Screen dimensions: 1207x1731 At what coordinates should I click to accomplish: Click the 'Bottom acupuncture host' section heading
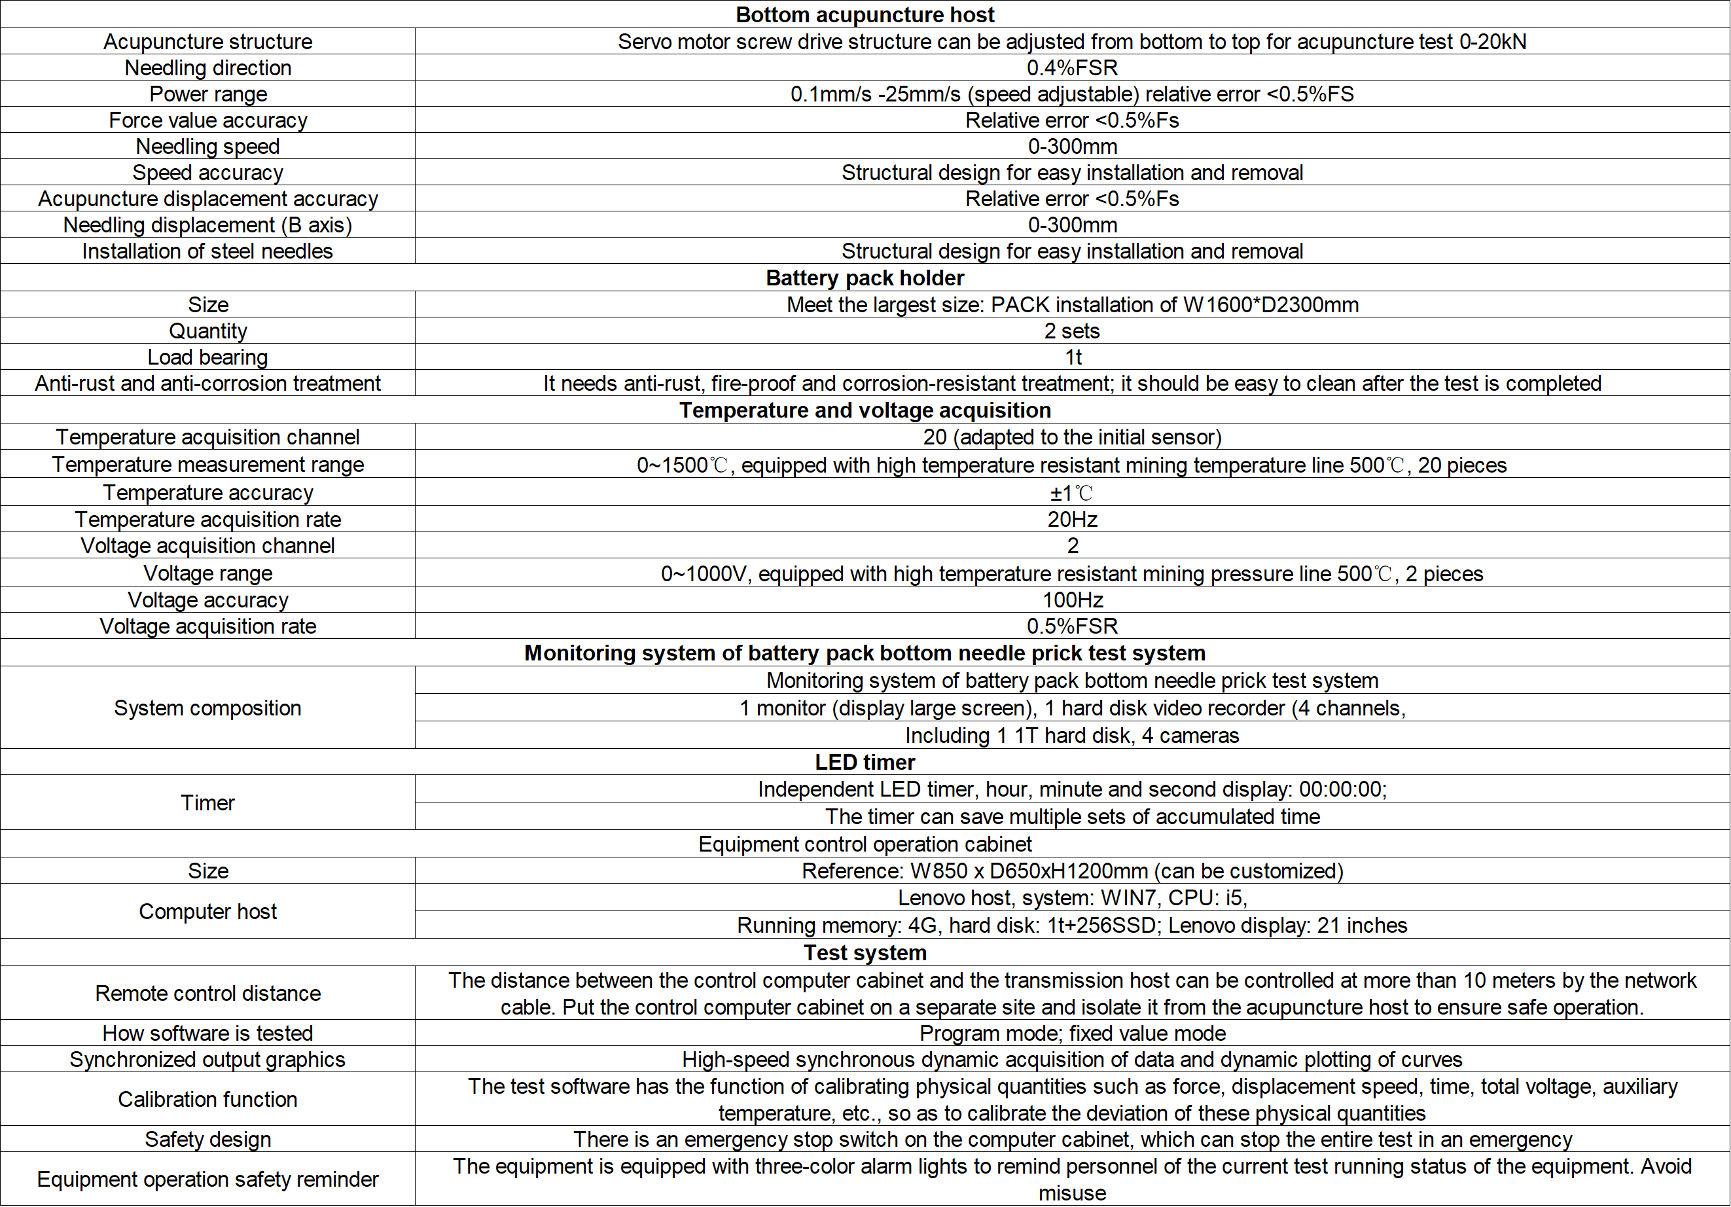point(865,15)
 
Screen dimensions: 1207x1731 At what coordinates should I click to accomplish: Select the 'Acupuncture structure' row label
point(207,41)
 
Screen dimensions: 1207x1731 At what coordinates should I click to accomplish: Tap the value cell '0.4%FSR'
point(1071,68)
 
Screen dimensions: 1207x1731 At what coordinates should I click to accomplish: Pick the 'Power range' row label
point(207,94)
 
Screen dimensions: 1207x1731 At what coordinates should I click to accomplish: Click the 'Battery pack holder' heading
point(865,278)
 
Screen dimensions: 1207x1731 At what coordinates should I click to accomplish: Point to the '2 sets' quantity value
point(1071,331)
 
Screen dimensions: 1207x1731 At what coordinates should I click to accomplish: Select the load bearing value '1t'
point(1073,357)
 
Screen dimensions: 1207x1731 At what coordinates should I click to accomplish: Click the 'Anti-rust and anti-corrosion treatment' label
point(207,384)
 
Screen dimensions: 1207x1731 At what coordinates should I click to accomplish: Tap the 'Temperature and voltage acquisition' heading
point(865,410)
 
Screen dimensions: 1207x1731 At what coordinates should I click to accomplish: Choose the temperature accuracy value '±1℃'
point(1071,493)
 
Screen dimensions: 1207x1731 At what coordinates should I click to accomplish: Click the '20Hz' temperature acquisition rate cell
point(1072,520)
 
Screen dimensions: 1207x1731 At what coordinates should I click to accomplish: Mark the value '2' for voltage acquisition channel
point(1072,546)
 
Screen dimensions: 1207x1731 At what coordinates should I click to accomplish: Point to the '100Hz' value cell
point(1072,600)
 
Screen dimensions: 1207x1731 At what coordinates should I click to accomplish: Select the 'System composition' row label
point(207,708)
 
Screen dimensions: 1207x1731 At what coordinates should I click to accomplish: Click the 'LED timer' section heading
point(865,762)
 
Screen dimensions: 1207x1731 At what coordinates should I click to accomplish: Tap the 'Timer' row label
point(207,803)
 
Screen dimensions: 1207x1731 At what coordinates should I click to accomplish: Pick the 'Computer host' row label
point(207,912)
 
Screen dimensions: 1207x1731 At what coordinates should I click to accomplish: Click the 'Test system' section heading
point(865,953)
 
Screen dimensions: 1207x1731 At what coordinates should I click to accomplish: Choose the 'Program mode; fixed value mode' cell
point(1072,1034)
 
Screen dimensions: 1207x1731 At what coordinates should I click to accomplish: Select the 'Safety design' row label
point(207,1139)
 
